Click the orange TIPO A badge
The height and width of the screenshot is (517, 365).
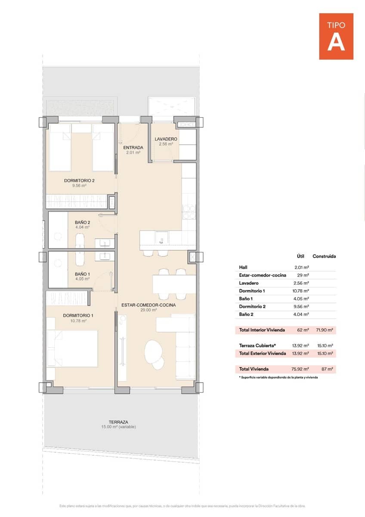point(336,36)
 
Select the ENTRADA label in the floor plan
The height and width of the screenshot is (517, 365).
point(133,148)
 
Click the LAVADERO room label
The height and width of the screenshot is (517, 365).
point(166,139)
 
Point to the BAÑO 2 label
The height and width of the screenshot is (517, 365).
point(82,222)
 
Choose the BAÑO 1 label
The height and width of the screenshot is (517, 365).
point(82,274)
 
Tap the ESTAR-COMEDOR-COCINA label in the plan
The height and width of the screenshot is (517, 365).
point(142,305)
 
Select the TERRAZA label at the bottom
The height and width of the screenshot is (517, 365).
point(118,422)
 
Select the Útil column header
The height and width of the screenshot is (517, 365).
point(301,256)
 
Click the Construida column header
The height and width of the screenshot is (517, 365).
point(324,256)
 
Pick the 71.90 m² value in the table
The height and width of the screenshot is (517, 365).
point(325,330)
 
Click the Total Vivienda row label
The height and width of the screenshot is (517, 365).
point(254,369)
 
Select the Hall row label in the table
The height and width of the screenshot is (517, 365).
point(243,267)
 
